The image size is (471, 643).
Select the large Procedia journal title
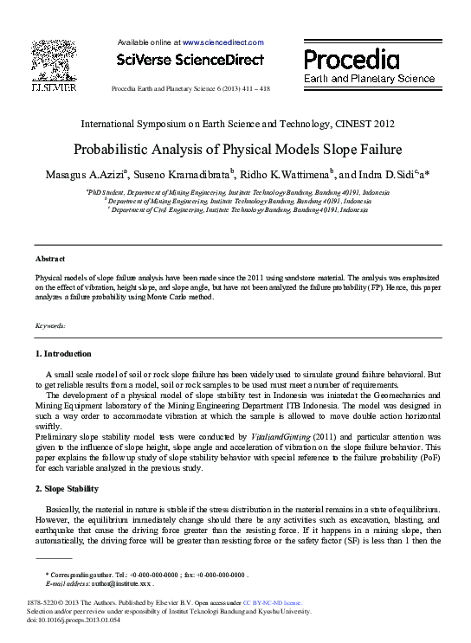click(351, 60)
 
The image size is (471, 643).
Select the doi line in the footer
click(73, 620)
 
